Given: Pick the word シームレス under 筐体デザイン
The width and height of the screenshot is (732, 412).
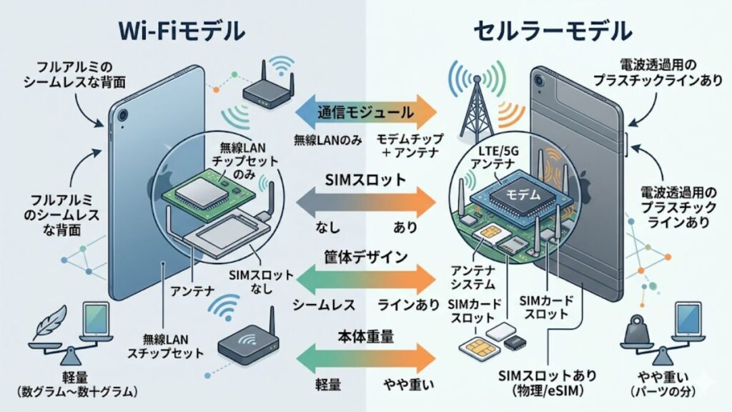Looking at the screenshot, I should pyautogui.click(x=323, y=304).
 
